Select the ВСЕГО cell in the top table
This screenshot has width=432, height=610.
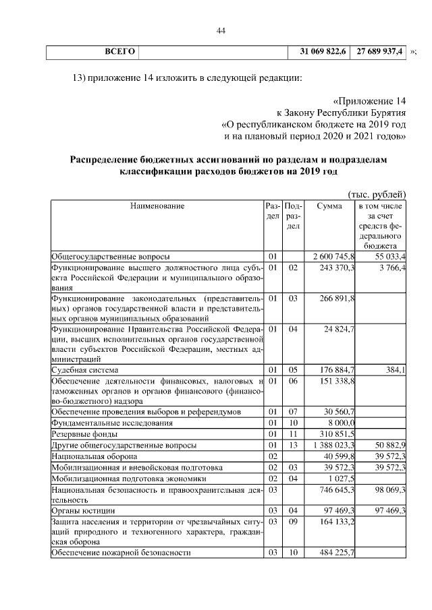click(120, 52)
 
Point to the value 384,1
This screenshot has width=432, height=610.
click(395, 370)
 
